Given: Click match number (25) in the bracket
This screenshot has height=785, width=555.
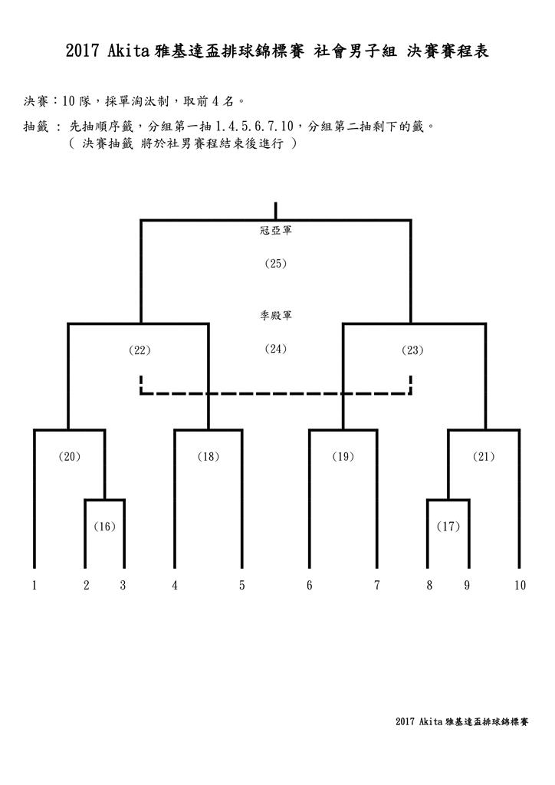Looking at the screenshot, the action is point(276,264).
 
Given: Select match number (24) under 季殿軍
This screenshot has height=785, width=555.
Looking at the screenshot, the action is point(276,349).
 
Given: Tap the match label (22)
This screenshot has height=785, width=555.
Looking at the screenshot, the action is point(140,350).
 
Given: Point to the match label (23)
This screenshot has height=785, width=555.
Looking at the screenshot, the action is point(412,350).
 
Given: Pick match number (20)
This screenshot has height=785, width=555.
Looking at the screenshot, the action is point(70,456).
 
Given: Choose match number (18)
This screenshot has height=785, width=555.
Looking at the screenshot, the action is point(209,456).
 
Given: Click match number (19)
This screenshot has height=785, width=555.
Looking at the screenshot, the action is point(343,456).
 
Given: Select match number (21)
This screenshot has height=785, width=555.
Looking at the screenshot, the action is point(484,456).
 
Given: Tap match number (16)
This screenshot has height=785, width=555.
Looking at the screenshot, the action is point(104,526).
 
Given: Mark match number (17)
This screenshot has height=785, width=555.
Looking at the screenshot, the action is point(448,526).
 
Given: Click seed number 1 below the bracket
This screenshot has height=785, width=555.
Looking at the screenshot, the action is point(34,585).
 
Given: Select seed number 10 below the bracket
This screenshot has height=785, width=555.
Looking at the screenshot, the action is point(520,585).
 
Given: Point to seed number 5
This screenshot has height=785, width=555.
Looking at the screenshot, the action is point(241,585).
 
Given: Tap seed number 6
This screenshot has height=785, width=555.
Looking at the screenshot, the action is point(309,585).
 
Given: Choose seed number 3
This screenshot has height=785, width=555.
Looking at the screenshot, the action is point(123,585).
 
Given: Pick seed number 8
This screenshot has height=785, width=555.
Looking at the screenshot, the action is point(429,585).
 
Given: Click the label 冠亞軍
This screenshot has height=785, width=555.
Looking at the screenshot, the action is point(276,230).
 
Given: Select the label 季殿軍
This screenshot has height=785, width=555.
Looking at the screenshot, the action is point(276,315).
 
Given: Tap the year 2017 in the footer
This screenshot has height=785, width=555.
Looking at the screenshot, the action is point(405,721).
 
